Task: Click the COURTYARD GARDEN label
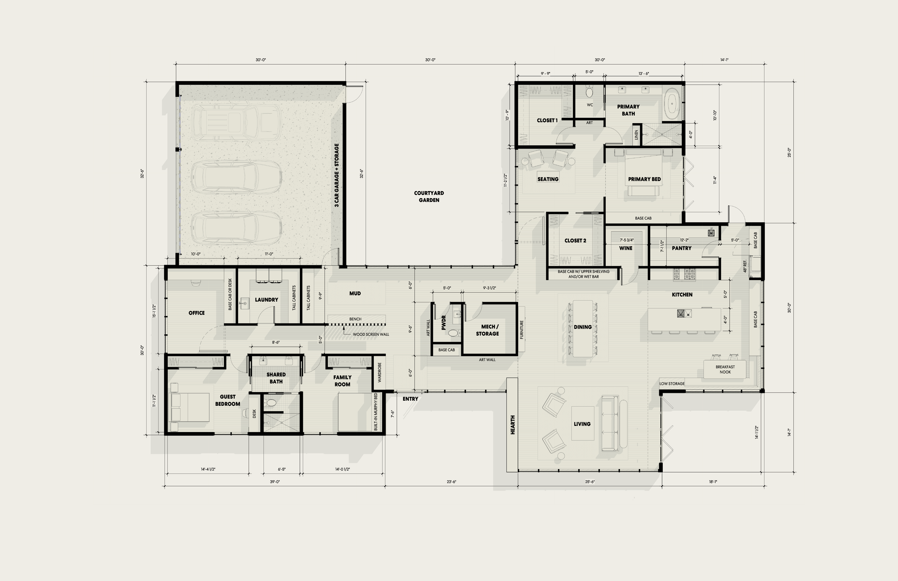point(429,196)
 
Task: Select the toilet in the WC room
point(589,92)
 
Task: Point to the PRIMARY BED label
point(644,179)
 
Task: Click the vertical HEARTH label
point(512,425)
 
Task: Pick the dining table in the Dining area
point(583,328)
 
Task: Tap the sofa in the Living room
point(610,423)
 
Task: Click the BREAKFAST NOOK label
point(725,369)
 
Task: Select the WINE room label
point(626,248)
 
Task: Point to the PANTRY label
point(681,248)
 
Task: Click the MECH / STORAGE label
point(487,330)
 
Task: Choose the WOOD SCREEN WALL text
point(371,334)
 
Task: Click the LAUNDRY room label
point(267,299)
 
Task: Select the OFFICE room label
point(196,313)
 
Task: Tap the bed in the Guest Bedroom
point(190,408)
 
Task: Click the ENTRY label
point(410,399)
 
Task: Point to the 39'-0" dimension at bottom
point(275,482)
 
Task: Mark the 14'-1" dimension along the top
point(724,60)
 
